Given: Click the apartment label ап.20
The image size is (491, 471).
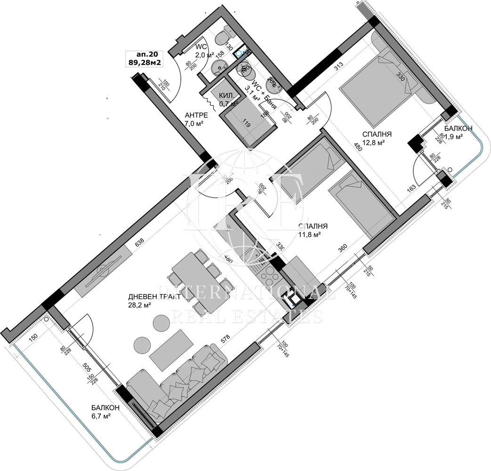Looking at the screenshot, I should pos(145,54).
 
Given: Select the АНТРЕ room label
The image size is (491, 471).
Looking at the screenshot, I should pos(194,114).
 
